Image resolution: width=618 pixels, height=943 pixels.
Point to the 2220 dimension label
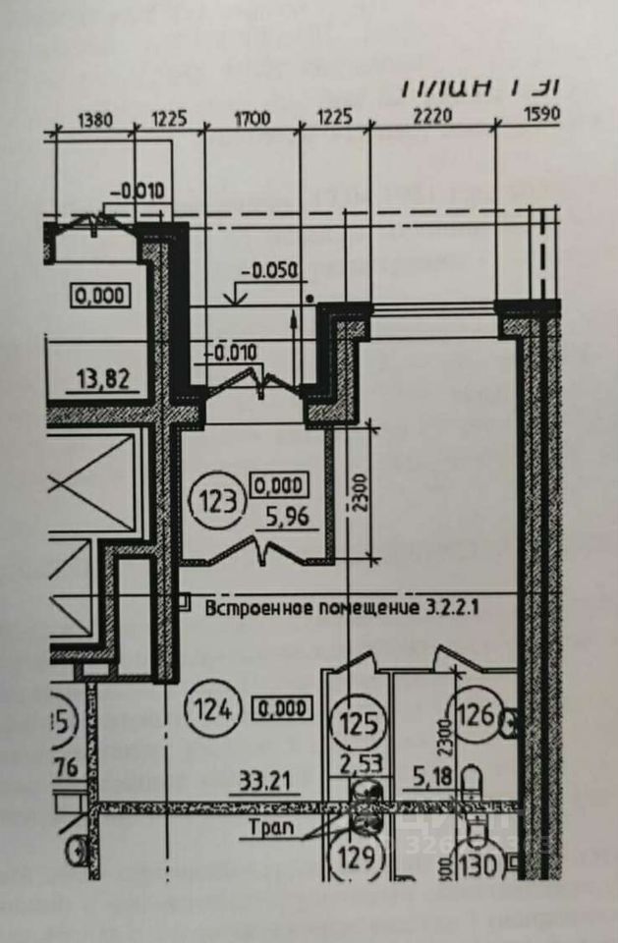coord(431,116)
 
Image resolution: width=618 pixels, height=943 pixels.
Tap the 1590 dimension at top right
coord(542,114)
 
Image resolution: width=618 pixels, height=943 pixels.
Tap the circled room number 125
coord(360,724)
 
